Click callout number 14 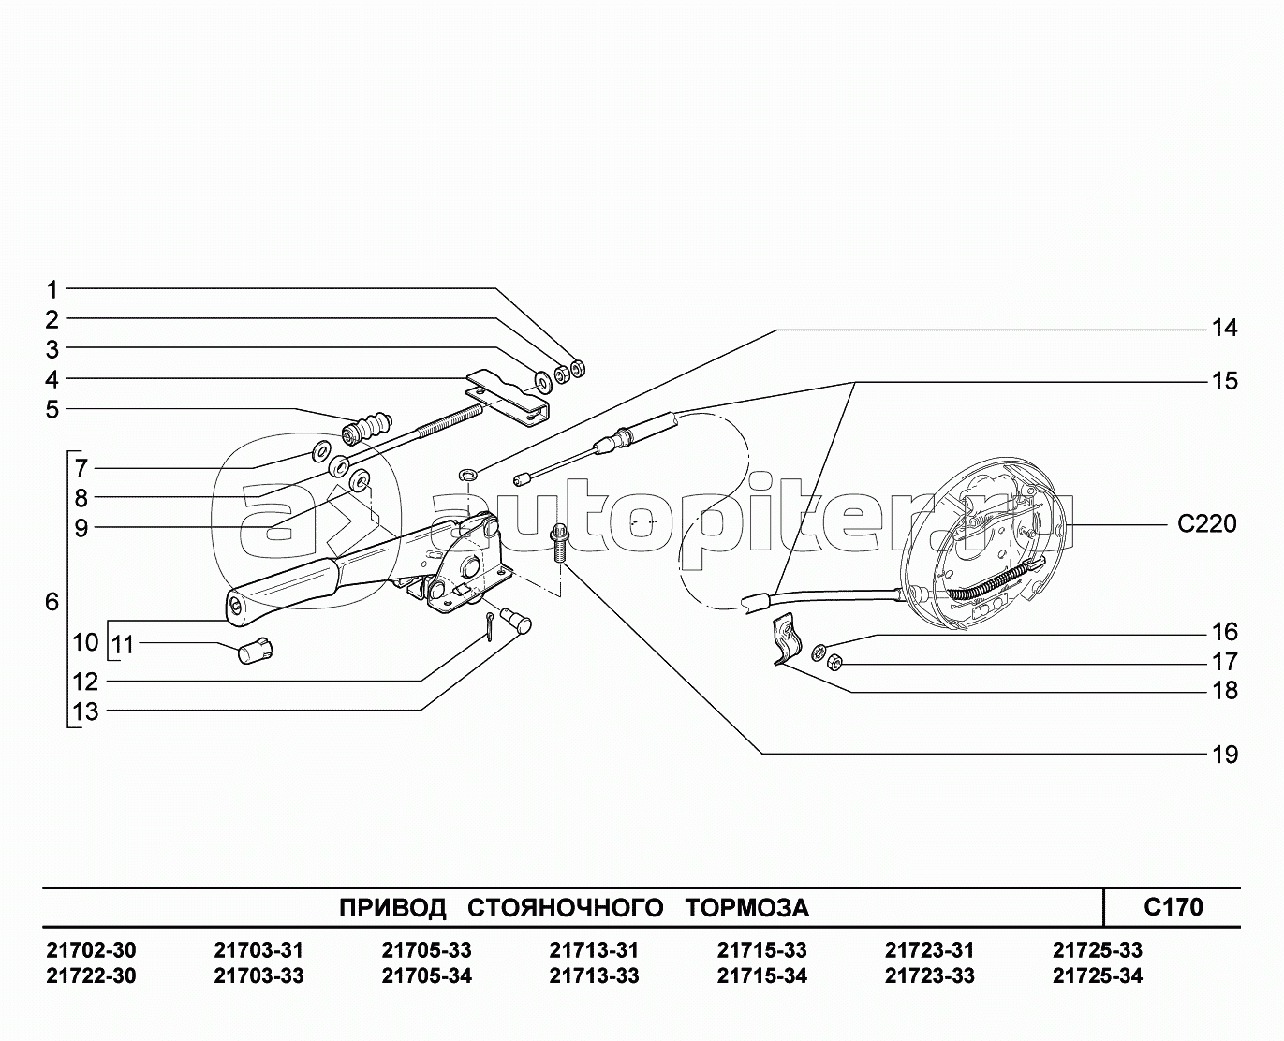1224,329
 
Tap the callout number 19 1224,755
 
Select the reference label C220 1207,524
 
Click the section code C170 1173,906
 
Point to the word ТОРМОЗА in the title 746,908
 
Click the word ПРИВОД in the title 392,908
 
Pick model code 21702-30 91,950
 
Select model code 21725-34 1097,975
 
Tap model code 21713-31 593,950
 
